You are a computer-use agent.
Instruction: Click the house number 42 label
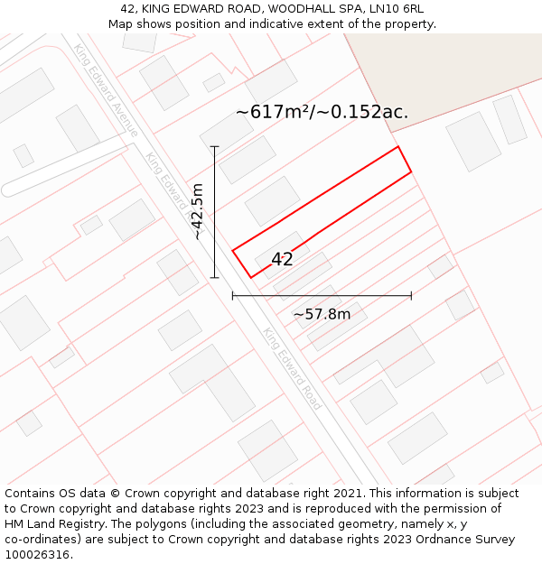(282, 260)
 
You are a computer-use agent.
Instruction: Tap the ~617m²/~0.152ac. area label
(322, 112)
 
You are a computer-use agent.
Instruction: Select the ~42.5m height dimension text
(198, 211)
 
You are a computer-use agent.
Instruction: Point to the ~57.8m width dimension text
(322, 314)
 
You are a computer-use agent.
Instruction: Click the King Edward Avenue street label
(106, 90)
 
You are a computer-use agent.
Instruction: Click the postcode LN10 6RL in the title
(397, 9)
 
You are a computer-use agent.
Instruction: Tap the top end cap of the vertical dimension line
(214, 146)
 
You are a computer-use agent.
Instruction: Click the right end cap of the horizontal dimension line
(411, 295)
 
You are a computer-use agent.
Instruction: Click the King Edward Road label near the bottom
(292, 368)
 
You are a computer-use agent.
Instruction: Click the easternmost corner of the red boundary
(411, 171)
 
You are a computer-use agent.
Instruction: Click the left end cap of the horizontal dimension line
(233, 295)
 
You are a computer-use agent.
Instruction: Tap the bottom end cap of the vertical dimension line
(214, 277)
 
